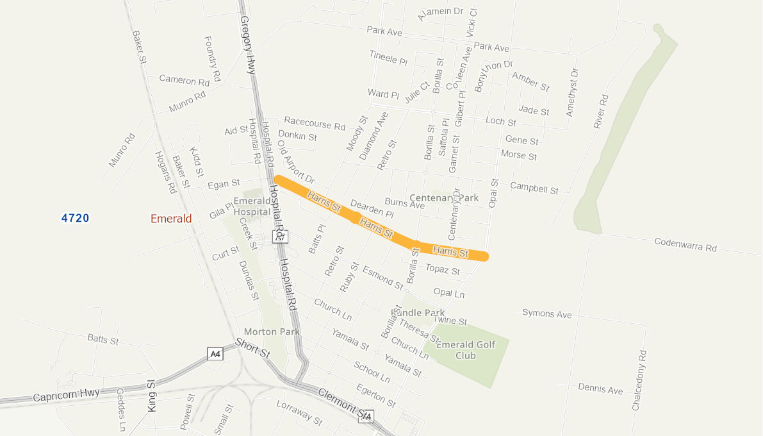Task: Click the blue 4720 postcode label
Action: coord(75,219)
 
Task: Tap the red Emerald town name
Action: coord(171,219)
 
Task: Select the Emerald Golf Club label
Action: coord(466,350)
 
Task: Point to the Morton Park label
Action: coord(272,331)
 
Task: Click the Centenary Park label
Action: coord(444,197)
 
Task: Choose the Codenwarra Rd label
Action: coord(685,244)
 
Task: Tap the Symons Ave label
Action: coord(546,314)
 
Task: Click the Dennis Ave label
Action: coord(600,389)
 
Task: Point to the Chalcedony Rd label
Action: coord(639,380)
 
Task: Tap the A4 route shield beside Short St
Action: coord(216,354)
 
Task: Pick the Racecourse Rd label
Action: coord(315,122)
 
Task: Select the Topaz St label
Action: coord(443,270)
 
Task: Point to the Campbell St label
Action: coord(534,189)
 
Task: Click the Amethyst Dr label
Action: coord(571,92)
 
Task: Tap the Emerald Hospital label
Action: coord(251,206)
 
